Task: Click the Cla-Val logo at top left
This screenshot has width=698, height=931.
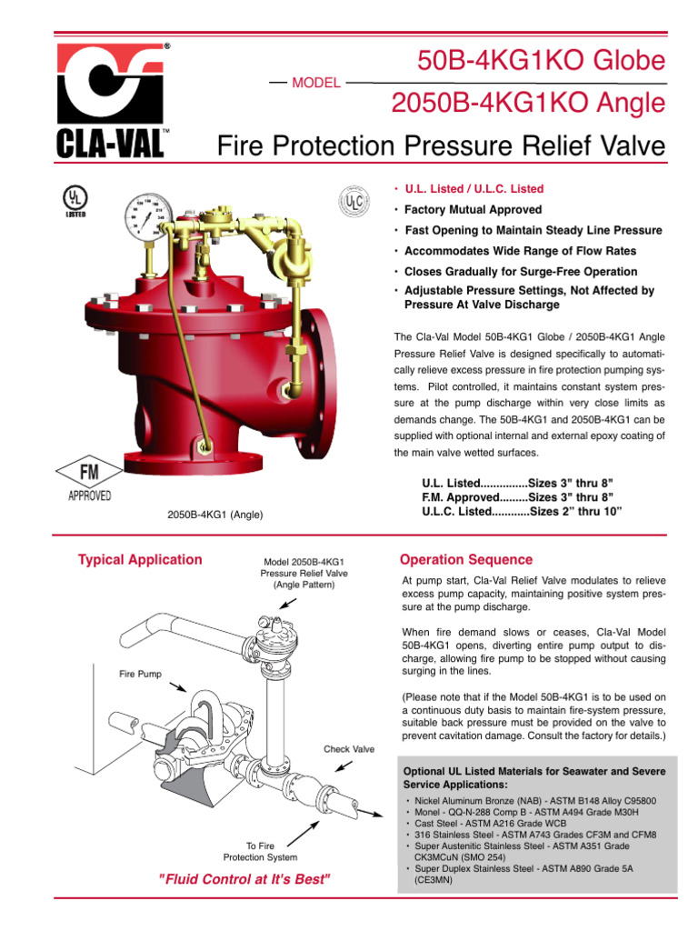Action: (112, 101)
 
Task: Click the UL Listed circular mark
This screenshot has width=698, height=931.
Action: (75, 202)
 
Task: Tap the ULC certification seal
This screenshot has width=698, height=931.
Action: (354, 201)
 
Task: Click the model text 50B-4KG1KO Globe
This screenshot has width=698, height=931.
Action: (541, 62)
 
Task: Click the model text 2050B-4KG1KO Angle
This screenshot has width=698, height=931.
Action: (528, 104)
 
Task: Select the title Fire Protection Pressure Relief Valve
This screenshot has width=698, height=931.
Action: (441, 145)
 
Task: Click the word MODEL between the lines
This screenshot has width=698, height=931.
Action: (315, 83)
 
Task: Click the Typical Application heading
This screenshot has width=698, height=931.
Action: (140, 560)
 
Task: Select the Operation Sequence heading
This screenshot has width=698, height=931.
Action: (466, 560)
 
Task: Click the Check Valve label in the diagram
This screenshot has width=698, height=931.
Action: (349, 749)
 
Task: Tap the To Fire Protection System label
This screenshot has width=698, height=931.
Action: (260, 851)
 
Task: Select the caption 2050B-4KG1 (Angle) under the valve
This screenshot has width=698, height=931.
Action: (215, 515)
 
